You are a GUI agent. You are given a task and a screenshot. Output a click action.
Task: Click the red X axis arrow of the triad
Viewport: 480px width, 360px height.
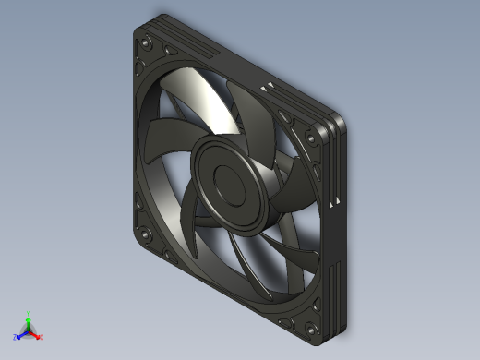37,335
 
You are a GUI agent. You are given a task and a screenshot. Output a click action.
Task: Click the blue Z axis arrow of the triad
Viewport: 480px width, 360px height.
19,335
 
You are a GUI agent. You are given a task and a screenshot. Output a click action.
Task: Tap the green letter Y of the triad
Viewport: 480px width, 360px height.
29,312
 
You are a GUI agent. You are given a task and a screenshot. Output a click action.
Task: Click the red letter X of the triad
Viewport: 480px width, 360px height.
42,337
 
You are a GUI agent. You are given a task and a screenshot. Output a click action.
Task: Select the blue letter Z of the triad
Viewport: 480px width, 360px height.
15,338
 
